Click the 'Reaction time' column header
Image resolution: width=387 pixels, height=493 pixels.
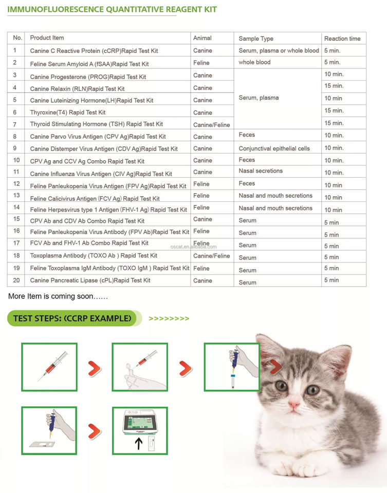(x=342, y=39)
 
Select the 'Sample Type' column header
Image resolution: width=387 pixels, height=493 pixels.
(x=256, y=39)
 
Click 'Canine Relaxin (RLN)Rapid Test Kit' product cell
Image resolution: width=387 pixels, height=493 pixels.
(x=78, y=89)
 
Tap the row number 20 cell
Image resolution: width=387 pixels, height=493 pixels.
(x=16, y=280)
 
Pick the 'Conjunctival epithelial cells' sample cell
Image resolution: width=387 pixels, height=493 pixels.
(x=274, y=148)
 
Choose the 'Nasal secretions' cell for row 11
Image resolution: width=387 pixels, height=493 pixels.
(x=261, y=170)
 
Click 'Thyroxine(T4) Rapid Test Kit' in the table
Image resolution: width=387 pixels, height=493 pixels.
(x=68, y=112)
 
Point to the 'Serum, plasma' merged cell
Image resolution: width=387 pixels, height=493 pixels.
(x=259, y=98)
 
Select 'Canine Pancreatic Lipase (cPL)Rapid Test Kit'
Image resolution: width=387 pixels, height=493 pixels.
(x=90, y=280)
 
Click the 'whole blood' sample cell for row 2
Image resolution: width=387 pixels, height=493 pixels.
(x=254, y=62)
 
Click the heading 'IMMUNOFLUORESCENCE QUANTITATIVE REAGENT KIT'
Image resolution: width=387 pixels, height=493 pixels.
(x=112, y=9)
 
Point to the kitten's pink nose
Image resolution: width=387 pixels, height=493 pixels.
(x=294, y=404)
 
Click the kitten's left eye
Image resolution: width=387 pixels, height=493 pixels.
(x=281, y=386)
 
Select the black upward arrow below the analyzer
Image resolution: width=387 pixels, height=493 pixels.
(x=139, y=443)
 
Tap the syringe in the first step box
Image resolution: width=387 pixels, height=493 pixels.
(x=52, y=366)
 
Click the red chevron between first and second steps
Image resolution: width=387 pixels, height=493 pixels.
(x=94, y=369)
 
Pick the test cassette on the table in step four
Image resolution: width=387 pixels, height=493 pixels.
(x=42, y=444)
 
